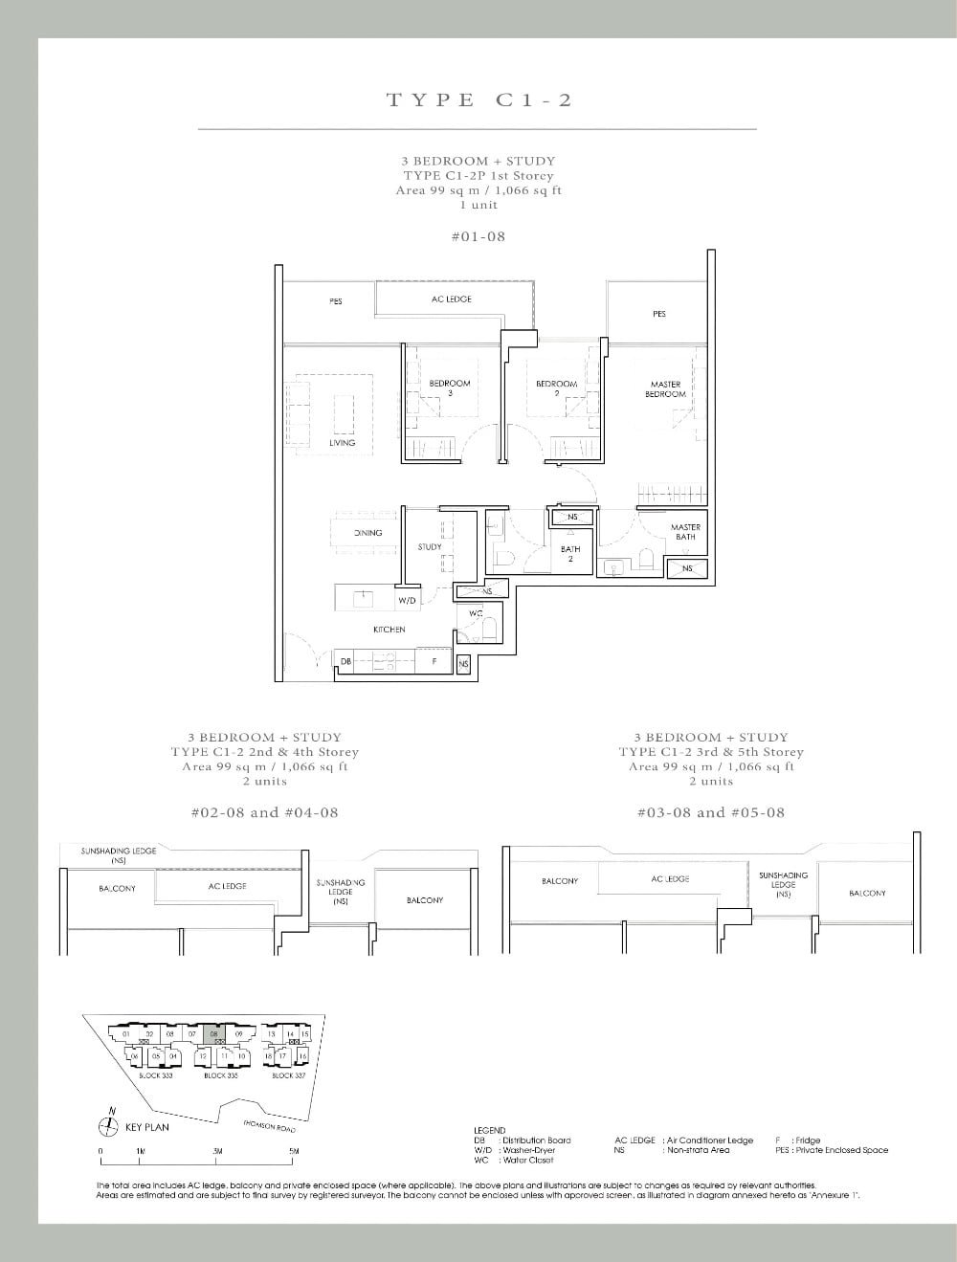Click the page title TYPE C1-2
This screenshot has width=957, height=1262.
pyautogui.click(x=478, y=100)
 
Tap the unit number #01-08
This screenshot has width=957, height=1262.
pyautogui.click(x=478, y=235)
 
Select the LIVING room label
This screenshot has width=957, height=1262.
pyautogui.click(x=342, y=443)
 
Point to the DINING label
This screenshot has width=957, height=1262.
pyautogui.click(x=367, y=533)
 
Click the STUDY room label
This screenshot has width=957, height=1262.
pyautogui.click(x=429, y=547)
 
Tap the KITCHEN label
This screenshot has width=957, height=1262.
pyautogui.click(x=389, y=630)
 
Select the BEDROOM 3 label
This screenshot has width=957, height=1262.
pyautogui.click(x=449, y=387)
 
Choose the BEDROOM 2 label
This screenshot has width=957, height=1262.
pyautogui.click(x=556, y=387)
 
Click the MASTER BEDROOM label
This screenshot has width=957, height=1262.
pyautogui.click(x=665, y=388)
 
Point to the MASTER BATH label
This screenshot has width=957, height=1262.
pyautogui.click(x=685, y=532)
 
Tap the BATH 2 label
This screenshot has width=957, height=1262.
pyautogui.click(x=570, y=553)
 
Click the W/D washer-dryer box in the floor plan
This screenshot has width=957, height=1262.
pyautogui.click(x=407, y=601)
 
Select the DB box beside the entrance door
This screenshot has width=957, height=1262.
pyautogui.click(x=345, y=661)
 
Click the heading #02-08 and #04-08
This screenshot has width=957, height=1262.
pyautogui.click(x=264, y=812)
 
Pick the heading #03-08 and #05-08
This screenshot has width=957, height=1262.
pyautogui.click(x=710, y=812)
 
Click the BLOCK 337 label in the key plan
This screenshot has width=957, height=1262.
pyautogui.click(x=288, y=1075)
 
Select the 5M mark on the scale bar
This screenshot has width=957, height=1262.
pyautogui.click(x=294, y=1151)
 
